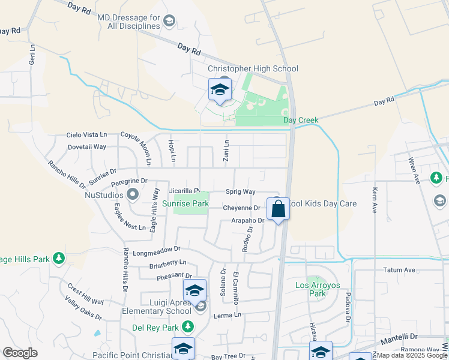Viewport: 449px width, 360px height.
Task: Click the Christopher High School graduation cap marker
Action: tap(220, 91)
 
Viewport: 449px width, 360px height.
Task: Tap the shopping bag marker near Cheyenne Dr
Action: tap(278, 209)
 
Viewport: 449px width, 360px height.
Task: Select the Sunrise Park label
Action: tap(185, 204)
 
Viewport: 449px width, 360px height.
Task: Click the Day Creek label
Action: tap(301, 120)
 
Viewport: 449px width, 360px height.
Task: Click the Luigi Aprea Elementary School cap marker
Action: tap(194, 291)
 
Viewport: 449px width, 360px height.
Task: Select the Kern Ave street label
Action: tap(375, 196)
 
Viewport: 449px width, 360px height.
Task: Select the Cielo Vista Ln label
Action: tap(86, 135)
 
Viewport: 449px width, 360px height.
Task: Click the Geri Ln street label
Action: tap(33, 53)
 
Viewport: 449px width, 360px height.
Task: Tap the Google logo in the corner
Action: tap(20, 353)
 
